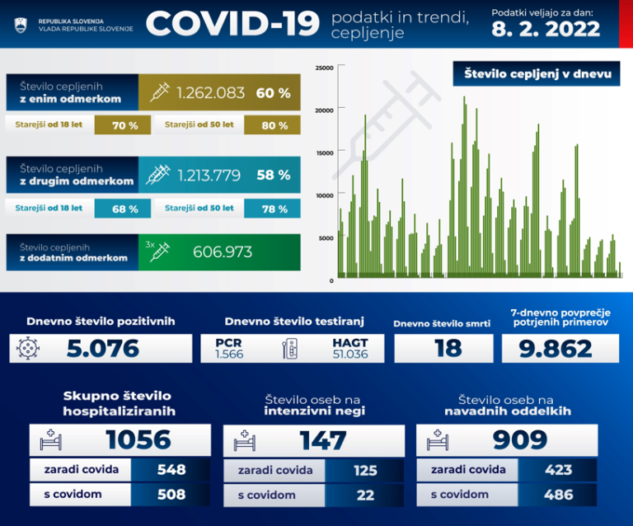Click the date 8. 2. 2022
(545, 30)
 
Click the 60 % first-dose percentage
(274, 93)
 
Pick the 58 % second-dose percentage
(274, 175)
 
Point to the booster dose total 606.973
(223, 251)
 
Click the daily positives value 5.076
(104, 349)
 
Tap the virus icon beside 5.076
(28, 349)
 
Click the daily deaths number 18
(448, 348)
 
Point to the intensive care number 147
(322, 440)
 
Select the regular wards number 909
(519, 440)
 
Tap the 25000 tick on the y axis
(325, 68)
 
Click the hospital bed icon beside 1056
(51, 440)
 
